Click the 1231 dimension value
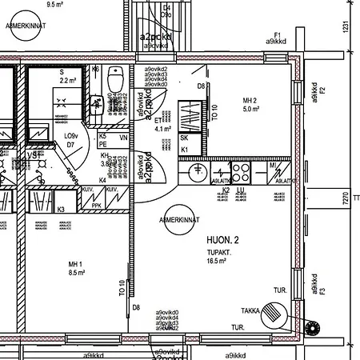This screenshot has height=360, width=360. tap(346, 26)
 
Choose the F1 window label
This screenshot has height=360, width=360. tap(278, 34)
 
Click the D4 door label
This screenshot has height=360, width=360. tap(166, 10)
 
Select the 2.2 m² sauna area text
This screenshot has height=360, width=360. tap(67, 81)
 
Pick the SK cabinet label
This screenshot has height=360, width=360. tap(184, 138)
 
